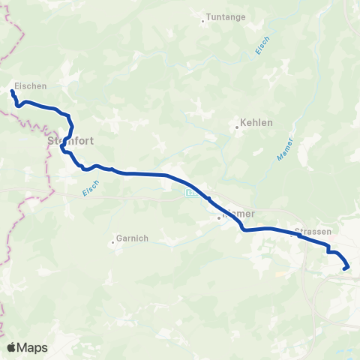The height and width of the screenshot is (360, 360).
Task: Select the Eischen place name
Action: [x=30, y=86]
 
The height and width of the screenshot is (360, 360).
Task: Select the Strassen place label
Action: [x=313, y=232]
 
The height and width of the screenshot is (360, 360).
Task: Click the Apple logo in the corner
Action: [x=11, y=347]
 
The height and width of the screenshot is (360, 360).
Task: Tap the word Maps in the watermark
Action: [x=32, y=347]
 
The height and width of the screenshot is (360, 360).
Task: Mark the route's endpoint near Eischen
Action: [x=12, y=92]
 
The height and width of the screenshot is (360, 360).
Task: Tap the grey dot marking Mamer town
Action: [x=219, y=218]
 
